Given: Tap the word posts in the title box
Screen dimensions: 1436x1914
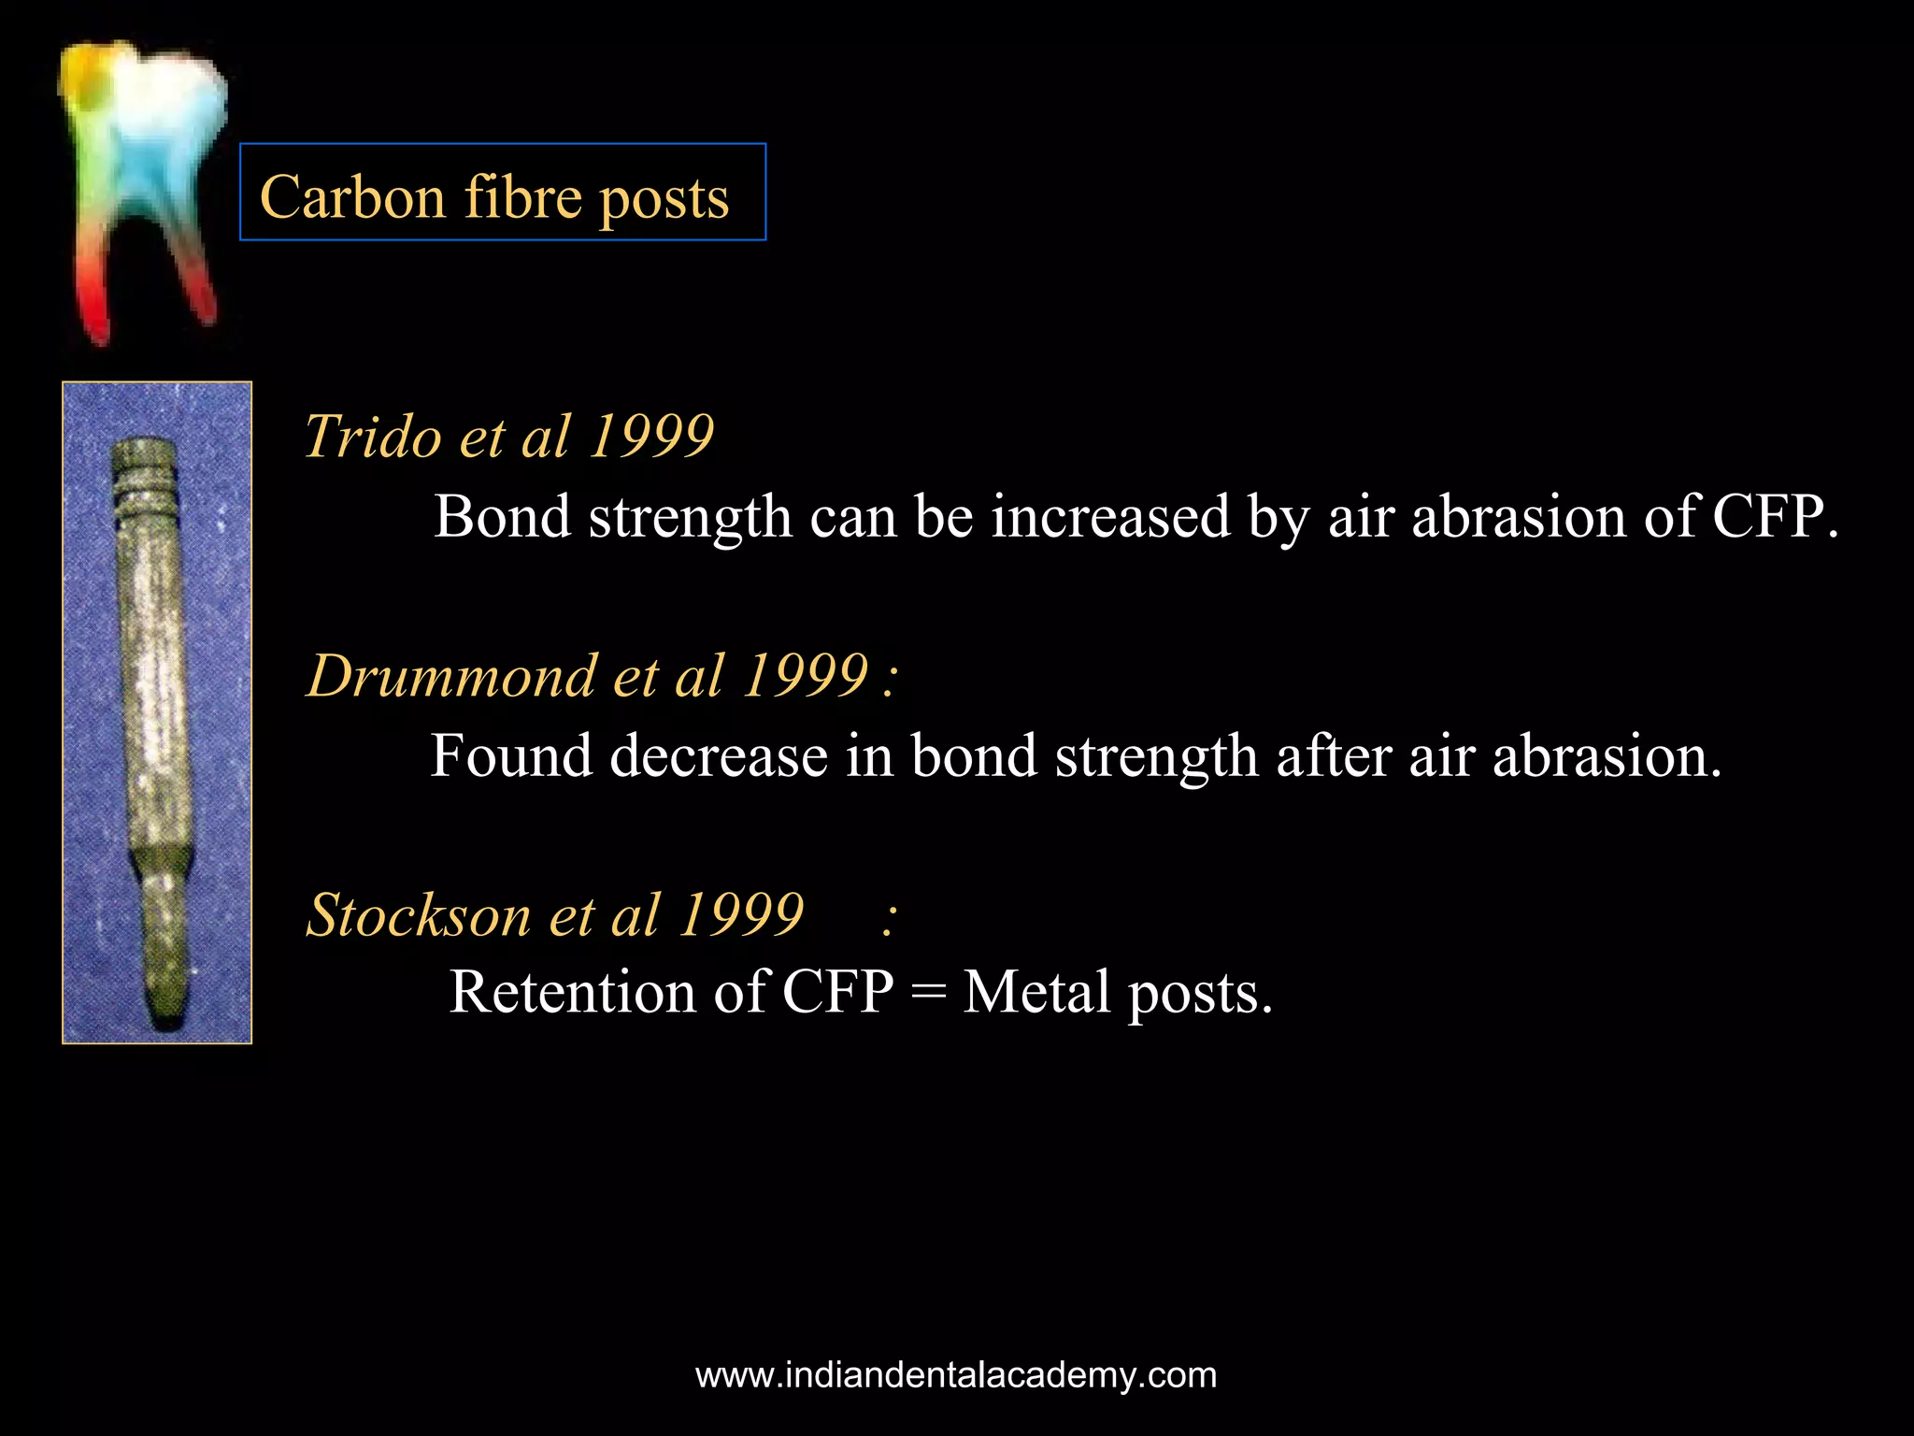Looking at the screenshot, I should [664, 199].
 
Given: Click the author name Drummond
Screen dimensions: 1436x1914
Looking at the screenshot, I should [451, 676].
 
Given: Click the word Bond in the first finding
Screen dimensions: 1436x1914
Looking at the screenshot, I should [502, 516].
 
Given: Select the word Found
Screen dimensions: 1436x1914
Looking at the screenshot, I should [510, 755].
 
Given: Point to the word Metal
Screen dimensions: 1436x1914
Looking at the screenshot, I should [1036, 992].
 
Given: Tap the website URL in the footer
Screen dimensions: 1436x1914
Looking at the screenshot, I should [956, 1375].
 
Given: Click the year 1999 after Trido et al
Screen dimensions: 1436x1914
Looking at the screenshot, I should [651, 437].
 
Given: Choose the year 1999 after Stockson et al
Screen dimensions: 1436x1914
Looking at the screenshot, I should [741, 914].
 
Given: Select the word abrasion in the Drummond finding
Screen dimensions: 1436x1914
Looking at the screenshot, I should [1607, 755].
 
